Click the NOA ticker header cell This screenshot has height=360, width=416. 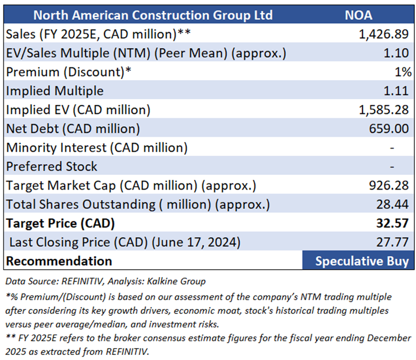pyautogui.click(x=358, y=15)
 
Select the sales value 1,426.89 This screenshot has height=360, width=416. pyautogui.click(x=383, y=34)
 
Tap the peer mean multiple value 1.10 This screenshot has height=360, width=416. pyautogui.click(x=396, y=53)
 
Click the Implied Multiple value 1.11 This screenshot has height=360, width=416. pyautogui.click(x=396, y=91)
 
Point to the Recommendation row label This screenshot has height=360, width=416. pyautogui.click(x=59, y=261)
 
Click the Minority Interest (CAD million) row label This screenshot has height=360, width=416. pyautogui.click(x=97, y=147)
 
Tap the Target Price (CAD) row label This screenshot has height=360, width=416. pyautogui.click(x=60, y=223)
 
